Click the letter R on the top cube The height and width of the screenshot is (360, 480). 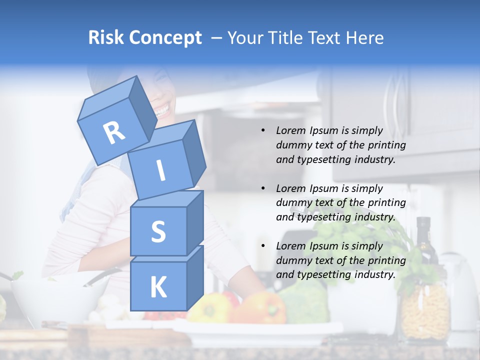pos(114,133)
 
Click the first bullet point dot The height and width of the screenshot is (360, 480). pos(263,131)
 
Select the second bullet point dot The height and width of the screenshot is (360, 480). pos(263,188)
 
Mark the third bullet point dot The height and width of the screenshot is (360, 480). pos(263,246)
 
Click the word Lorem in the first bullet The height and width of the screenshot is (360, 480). pos(290,131)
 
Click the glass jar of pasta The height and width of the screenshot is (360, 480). pos(425,310)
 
